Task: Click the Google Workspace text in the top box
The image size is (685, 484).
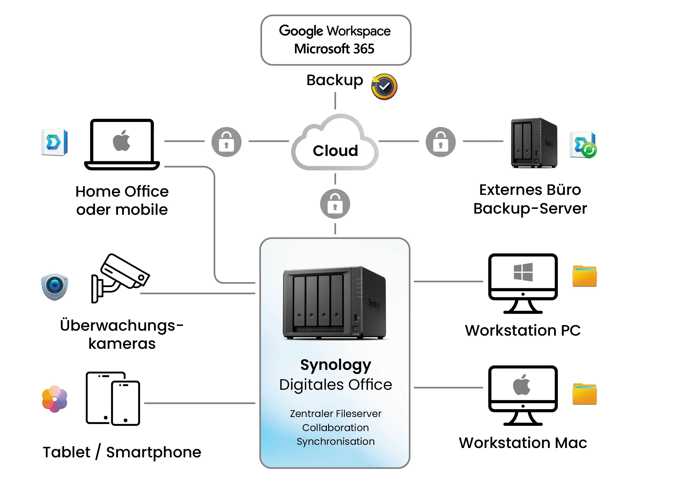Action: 335,31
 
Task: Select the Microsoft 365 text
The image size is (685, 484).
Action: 334,49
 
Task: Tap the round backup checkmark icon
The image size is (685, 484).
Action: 384,87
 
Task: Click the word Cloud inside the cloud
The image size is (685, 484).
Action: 335,151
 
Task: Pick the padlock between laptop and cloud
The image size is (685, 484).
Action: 226,142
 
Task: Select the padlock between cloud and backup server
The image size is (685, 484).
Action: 441,142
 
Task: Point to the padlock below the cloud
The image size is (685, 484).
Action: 335,204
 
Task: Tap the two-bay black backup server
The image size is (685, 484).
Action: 534,143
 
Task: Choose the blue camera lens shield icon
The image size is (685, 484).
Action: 54,286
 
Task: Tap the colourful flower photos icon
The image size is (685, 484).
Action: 54,399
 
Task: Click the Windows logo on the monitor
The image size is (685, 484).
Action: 523,272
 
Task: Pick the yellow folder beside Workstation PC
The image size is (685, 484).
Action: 585,276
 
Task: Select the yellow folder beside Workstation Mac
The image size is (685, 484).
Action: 585,394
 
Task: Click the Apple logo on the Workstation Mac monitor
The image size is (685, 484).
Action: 522,385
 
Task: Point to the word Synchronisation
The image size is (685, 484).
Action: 336,441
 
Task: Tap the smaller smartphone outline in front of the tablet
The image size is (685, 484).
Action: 126,403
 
